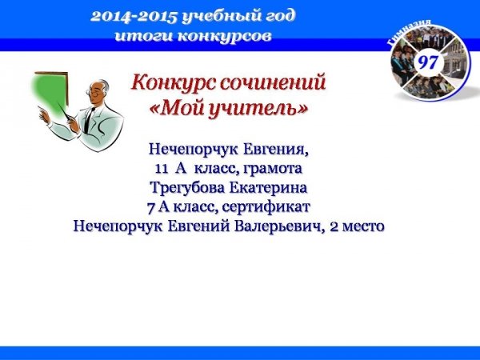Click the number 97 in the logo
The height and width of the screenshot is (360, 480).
click(x=428, y=62)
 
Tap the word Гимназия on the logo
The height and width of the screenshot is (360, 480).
click(x=410, y=31)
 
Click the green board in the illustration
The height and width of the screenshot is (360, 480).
click(x=50, y=93)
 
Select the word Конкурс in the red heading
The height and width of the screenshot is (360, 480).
click(x=172, y=83)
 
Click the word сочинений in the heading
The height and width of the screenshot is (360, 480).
click(x=272, y=82)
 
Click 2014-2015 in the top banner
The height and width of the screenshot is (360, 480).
click(x=134, y=17)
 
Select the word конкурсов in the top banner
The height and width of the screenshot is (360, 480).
click(x=224, y=37)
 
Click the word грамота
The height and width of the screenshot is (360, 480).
click(x=272, y=169)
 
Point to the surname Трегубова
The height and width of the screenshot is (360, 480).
click(x=187, y=188)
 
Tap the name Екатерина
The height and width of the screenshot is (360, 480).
click(x=268, y=188)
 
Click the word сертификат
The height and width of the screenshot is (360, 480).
click(x=266, y=207)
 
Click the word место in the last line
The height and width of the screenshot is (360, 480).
click(x=363, y=227)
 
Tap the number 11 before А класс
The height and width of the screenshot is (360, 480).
click(x=161, y=169)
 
